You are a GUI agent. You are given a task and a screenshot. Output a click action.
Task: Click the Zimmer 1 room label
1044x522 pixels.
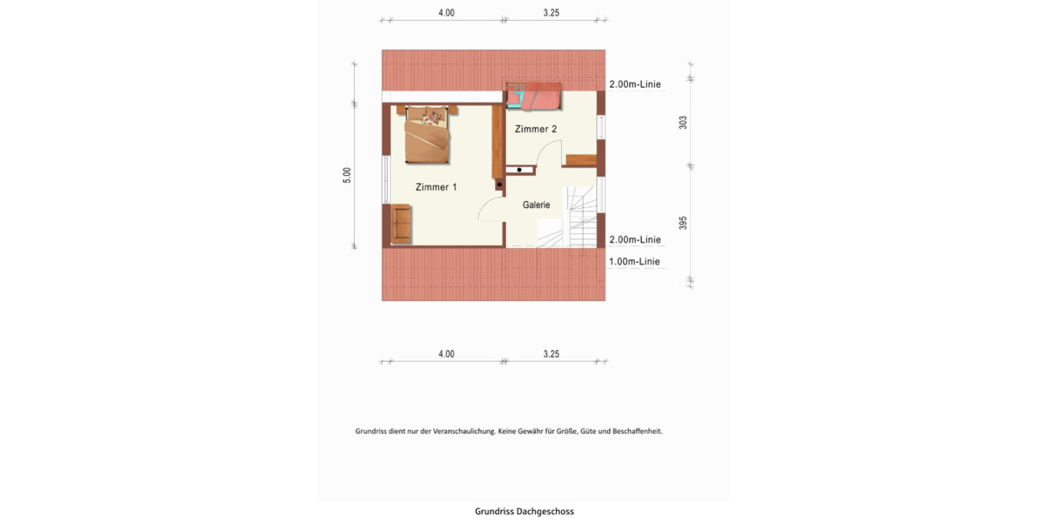pyautogui.click(x=436, y=187)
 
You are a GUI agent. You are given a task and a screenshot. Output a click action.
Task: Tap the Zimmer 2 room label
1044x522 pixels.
pyautogui.click(x=536, y=129)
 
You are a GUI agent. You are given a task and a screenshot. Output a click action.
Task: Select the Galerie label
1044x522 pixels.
pyautogui.click(x=536, y=205)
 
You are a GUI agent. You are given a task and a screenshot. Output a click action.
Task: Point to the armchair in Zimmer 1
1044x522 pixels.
pyautogui.click(x=401, y=222)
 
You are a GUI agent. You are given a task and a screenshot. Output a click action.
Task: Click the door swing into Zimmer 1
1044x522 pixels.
pyautogui.click(x=489, y=209)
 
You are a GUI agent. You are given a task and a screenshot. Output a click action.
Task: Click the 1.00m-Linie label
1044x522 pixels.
pyautogui.click(x=634, y=262)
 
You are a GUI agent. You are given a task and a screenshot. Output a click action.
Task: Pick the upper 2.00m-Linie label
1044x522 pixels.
pyautogui.click(x=634, y=84)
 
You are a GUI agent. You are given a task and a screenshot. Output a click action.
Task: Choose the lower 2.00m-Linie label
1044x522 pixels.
pyautogui.click(x=634, y=240)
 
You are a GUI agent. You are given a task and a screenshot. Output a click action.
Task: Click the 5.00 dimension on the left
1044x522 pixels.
pyautogui.click(x=347, y=175)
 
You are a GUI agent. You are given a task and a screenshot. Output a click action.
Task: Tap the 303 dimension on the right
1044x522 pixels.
pyautogui.click(x=683, y=122)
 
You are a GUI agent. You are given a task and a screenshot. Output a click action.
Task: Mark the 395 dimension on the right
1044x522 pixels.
pyautogui.click(x=683, y=223)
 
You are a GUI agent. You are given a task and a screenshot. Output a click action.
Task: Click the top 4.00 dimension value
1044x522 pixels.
pyautogui.click(x=445, y=13)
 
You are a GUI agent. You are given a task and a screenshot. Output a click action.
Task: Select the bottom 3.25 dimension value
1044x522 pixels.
pyautogui.click(x=551, y=354)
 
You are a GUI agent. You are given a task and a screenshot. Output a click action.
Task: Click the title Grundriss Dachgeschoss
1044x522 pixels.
pyautogui.click(x=524, y=512)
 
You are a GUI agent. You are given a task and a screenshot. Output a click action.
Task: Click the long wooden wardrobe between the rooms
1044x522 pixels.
pyautogui.click(x=498, y=139)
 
